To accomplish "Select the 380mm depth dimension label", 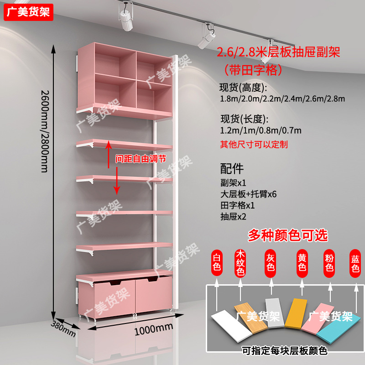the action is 63,327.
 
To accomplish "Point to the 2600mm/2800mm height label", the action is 44,130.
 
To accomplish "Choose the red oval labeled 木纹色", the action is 241,263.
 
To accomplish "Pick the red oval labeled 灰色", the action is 271,263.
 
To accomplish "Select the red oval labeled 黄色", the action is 302,263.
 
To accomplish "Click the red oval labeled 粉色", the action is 329,263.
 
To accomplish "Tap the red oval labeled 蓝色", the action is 355,263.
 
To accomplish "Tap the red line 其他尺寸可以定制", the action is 254,145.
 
